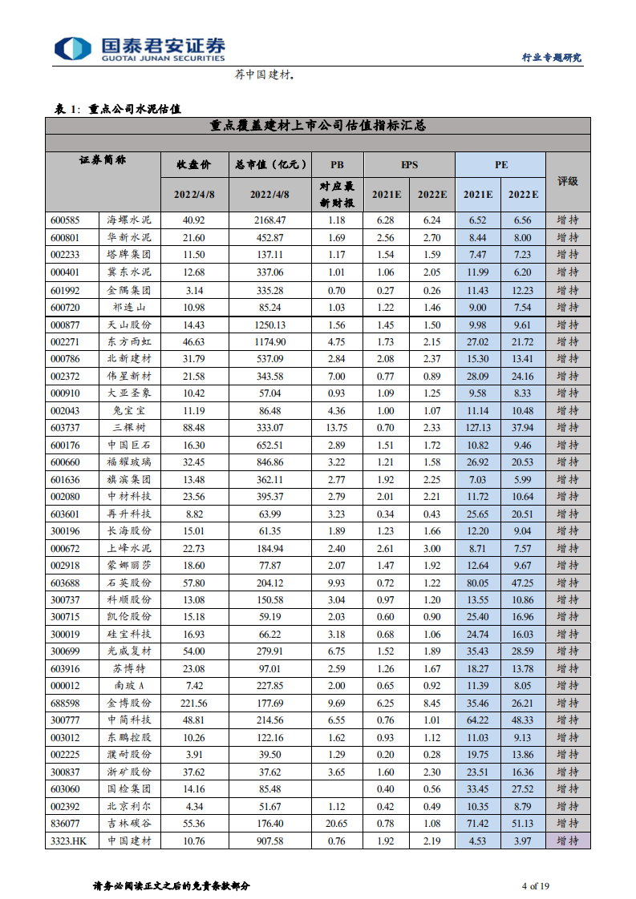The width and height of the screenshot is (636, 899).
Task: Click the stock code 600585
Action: click(64, 220)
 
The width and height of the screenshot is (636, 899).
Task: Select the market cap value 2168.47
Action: click(268, 220)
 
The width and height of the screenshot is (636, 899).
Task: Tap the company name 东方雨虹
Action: click(129, 341)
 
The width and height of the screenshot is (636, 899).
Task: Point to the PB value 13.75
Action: click(337, 428)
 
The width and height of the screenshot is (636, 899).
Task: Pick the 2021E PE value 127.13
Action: click(478, 428)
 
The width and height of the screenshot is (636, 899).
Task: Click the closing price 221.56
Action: click(194, 703)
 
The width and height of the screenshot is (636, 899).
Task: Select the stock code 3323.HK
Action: click(67, 841)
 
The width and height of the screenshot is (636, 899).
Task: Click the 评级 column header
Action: click(568, 182)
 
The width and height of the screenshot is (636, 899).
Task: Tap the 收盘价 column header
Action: click(194, 164)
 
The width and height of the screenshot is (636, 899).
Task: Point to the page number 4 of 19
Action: click(535, 885)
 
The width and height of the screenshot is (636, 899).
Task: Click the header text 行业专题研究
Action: click(552, 58)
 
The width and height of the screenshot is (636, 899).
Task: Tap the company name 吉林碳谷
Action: click(129, 823)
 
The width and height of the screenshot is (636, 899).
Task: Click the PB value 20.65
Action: click(337, 823)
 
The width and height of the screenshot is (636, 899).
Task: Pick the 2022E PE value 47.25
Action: click(523, 583)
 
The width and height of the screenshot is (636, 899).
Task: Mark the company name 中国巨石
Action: click(129, 445)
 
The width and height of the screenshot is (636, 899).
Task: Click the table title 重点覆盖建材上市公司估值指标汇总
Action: click(318, 126)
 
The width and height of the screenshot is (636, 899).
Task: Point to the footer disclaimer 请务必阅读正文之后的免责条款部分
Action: click(172, 885)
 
